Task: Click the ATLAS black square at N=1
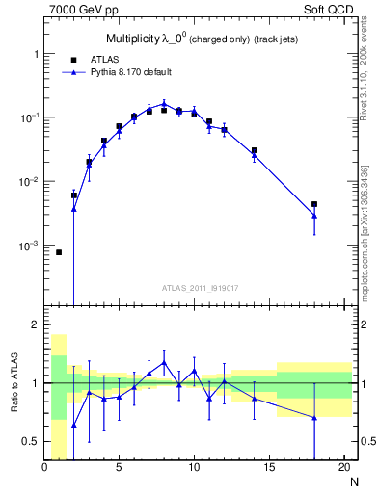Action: (59, 252)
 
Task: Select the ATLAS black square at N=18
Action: (314, 204)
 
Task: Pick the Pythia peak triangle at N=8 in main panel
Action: (164, 103)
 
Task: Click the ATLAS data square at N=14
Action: (255, 150)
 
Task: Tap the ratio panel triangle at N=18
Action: (314, 417)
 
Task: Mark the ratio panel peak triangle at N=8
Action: (164, 363)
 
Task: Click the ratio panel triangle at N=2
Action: (74, 425)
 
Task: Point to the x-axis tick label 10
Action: (194, 469)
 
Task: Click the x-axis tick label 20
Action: (343, 469)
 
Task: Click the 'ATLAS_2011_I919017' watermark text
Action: (199, 288)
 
